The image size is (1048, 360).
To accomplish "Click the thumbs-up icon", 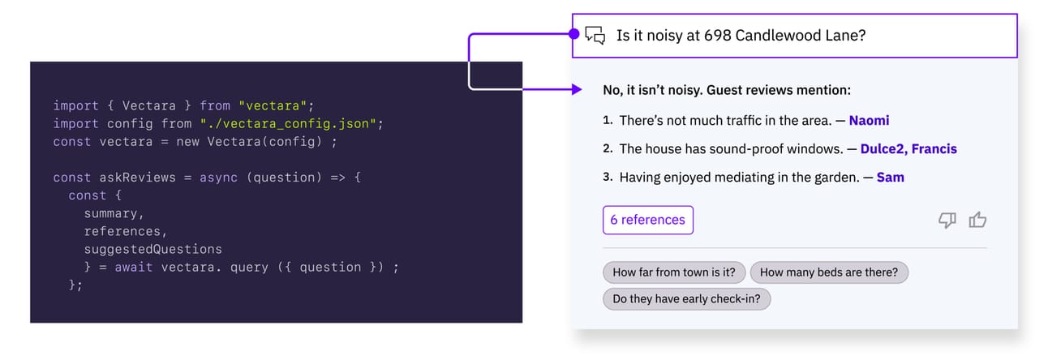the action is click(x=977, y=220).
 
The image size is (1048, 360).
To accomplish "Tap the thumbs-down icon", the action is click(x=947, y=221).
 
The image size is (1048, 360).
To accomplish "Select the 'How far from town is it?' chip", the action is click(x=674, y=272).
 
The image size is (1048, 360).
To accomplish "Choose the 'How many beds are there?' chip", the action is click(x=829, y=272).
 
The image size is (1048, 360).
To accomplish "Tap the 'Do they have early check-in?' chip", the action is click(x=686, y=298).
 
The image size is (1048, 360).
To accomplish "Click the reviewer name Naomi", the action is click(x=869, y=121).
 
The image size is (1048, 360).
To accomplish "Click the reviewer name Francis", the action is click(x=934, y=148).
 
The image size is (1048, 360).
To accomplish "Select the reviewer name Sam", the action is click(x=891, y=178).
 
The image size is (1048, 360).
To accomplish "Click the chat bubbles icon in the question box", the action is click(x=595, y=35).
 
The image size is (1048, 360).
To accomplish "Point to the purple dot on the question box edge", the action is click(x=574, y=34).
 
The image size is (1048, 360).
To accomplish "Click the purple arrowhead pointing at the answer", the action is click(x=577, y=89).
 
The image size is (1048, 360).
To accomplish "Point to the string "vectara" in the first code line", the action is click(x=273, y=105).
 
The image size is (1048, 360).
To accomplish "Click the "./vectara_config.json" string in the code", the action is click(x=288, y=124).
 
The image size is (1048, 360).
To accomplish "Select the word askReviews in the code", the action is click(x=138, y=178).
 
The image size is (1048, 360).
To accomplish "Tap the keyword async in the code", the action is click(x=218, y=178).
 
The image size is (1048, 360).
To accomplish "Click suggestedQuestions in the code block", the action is click(x=153, y=249).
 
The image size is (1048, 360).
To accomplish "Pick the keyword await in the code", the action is click(x=134, y=268).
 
